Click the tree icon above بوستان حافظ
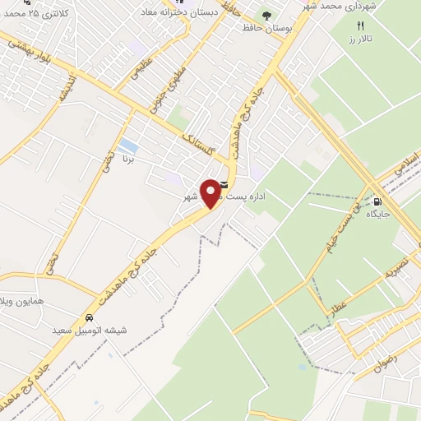[x=266, y=15]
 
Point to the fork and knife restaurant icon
[x=360, y=26]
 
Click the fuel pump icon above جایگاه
[x=377, y=202]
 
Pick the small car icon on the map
[x=89, y=318]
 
